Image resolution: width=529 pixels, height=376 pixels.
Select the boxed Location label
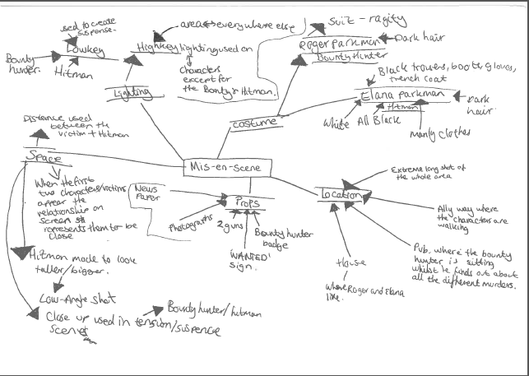341,195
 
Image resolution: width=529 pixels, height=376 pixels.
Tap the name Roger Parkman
338,44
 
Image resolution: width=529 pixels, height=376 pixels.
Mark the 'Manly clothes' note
445,132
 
